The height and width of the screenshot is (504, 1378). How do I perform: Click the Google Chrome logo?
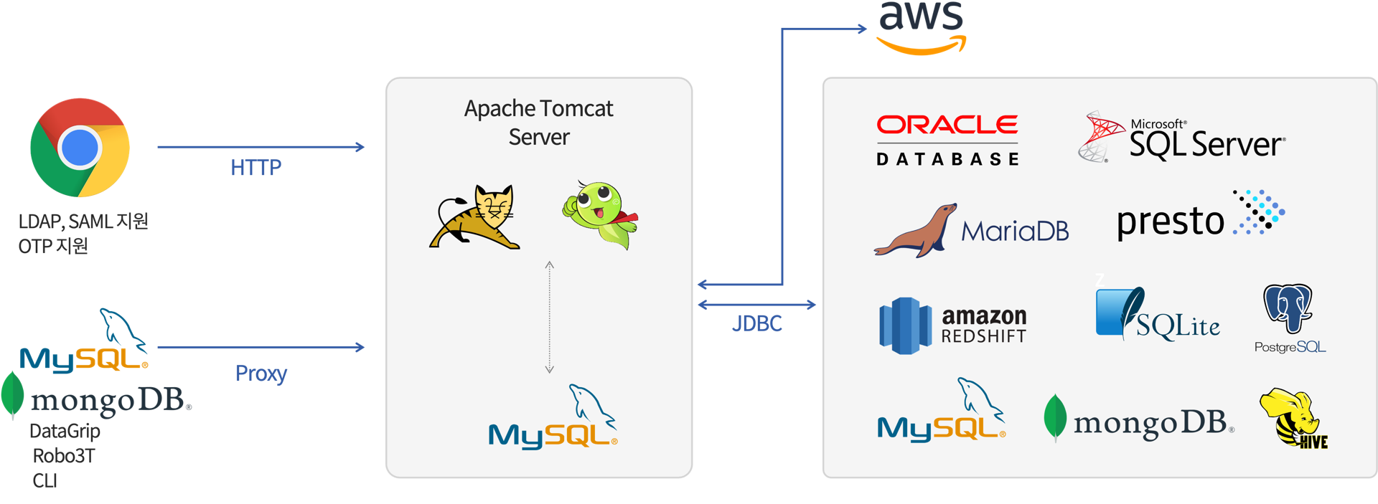(x=80, y=147)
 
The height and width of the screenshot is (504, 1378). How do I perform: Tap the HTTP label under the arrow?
(x=256, y=168)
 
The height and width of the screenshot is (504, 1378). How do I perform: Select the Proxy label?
(x=261, y=374)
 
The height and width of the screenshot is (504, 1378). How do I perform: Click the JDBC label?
(x=756, y=324)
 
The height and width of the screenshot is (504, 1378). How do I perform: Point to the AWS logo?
(x=922, y=27)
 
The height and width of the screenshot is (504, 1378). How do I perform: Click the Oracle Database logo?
(x=947, y=141)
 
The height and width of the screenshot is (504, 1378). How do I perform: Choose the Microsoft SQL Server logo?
(x=1182, y=138)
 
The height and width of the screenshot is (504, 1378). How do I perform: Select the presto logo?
(x=1201, y=216)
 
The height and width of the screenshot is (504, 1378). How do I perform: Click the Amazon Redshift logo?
(x=953, y=326)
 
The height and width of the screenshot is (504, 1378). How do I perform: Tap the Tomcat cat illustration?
(x=475, y=217)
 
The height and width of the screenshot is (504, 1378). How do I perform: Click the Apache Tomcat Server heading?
(x=539, y=123)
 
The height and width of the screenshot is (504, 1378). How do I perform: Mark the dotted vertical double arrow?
(x=549, y=317)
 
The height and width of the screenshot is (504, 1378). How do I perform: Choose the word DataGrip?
(x=65, y=431)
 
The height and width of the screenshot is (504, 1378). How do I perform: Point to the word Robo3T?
(x=64, y=456)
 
